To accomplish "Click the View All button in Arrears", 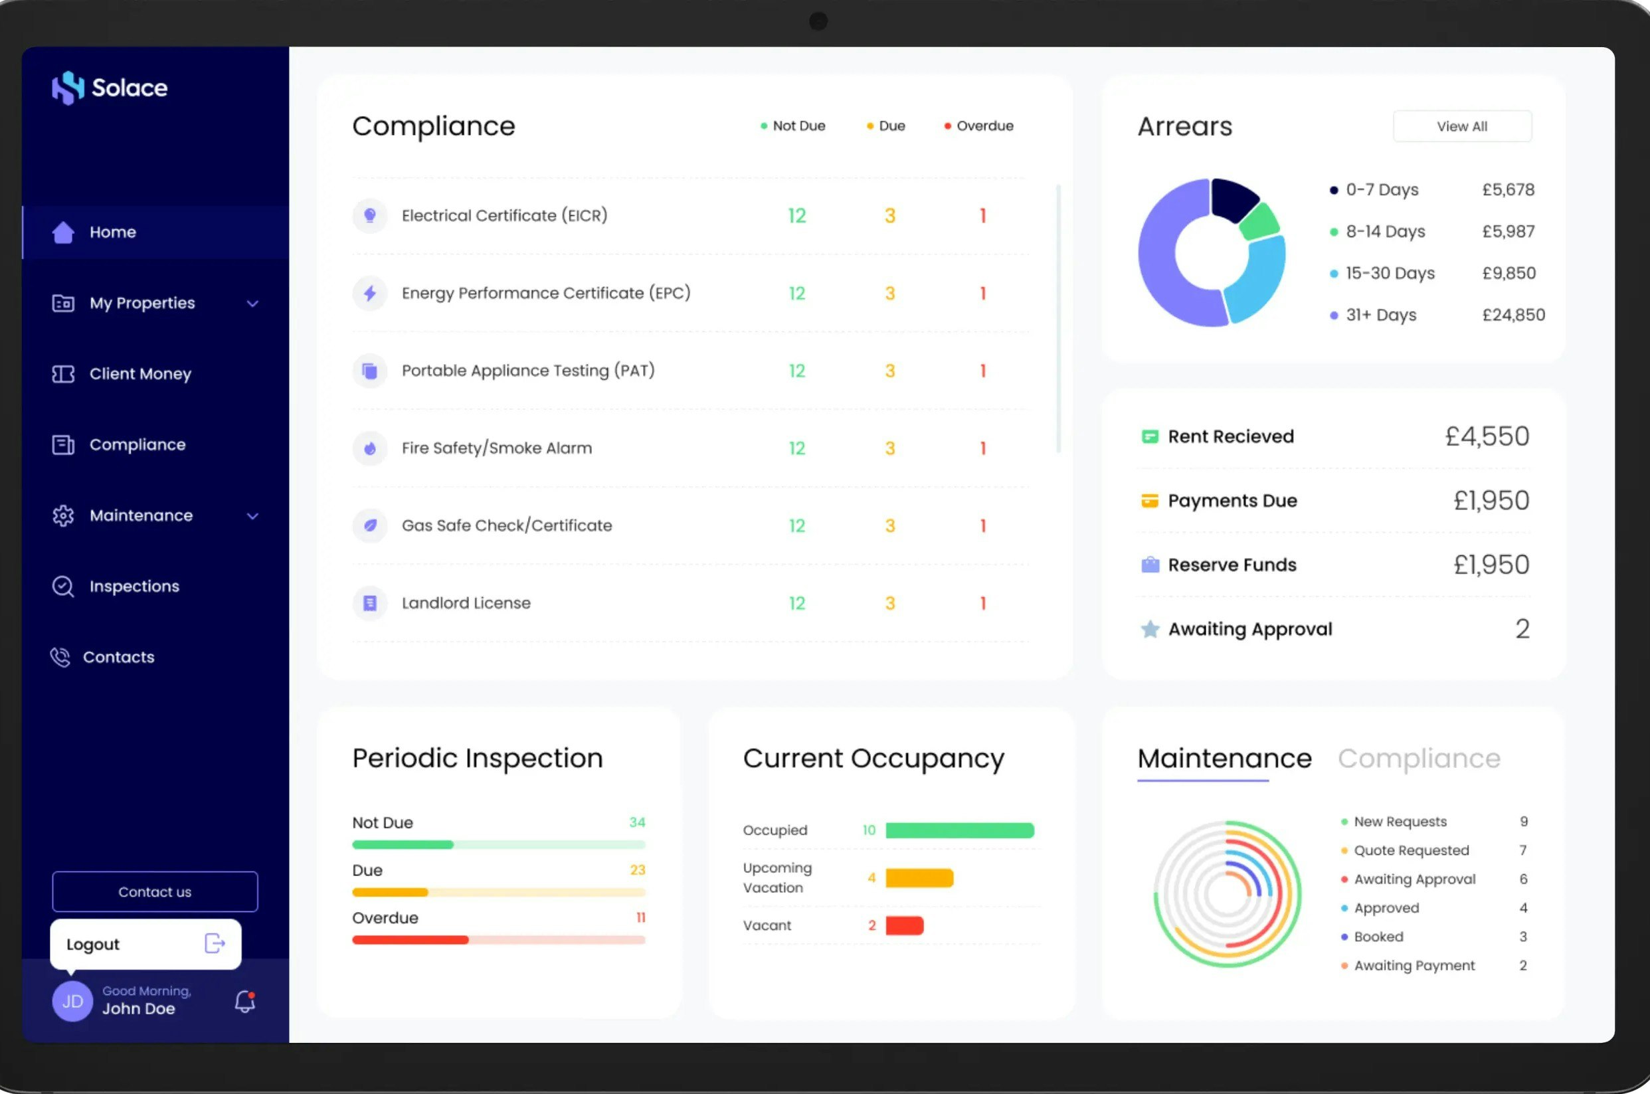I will pos(1461,126).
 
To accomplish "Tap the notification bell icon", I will pos(244,1002).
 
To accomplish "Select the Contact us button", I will pos(155,891).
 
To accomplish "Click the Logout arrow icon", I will pos(214,943).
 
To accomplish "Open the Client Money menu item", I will pos(139,374).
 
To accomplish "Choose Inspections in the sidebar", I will pos(134,586).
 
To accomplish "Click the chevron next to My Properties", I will pos(252,304).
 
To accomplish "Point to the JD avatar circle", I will pos(72,1002).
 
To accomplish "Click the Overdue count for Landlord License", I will pos(982,603).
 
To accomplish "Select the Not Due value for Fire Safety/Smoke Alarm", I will pos(796,448).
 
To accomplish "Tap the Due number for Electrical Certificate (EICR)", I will pos(889,216).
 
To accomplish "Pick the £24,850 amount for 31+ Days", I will pos(1513,315).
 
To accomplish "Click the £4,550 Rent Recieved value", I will pos(1487,436).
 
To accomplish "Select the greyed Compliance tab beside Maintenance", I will pos(1418,759).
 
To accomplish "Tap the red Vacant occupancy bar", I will pos(904,925).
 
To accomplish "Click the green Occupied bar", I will pos(959,830).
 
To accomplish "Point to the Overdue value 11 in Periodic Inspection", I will pos(640,917).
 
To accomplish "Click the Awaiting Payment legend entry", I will pos(1414,966).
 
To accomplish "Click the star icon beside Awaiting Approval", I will pos(1150,629).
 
